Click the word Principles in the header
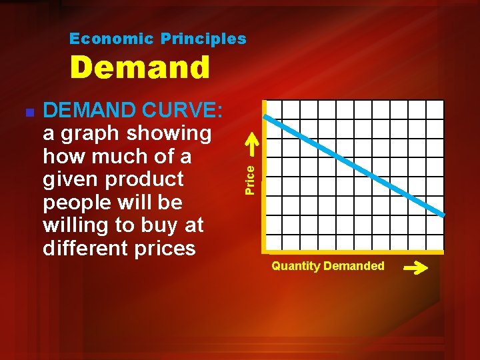pyautogui.click(x=203, y=39)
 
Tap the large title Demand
pyautogui.click(x=140, y=68)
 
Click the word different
pyautogui.click(x=92, y=248)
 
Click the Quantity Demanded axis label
pyautogui.click(x=327, y=266)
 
